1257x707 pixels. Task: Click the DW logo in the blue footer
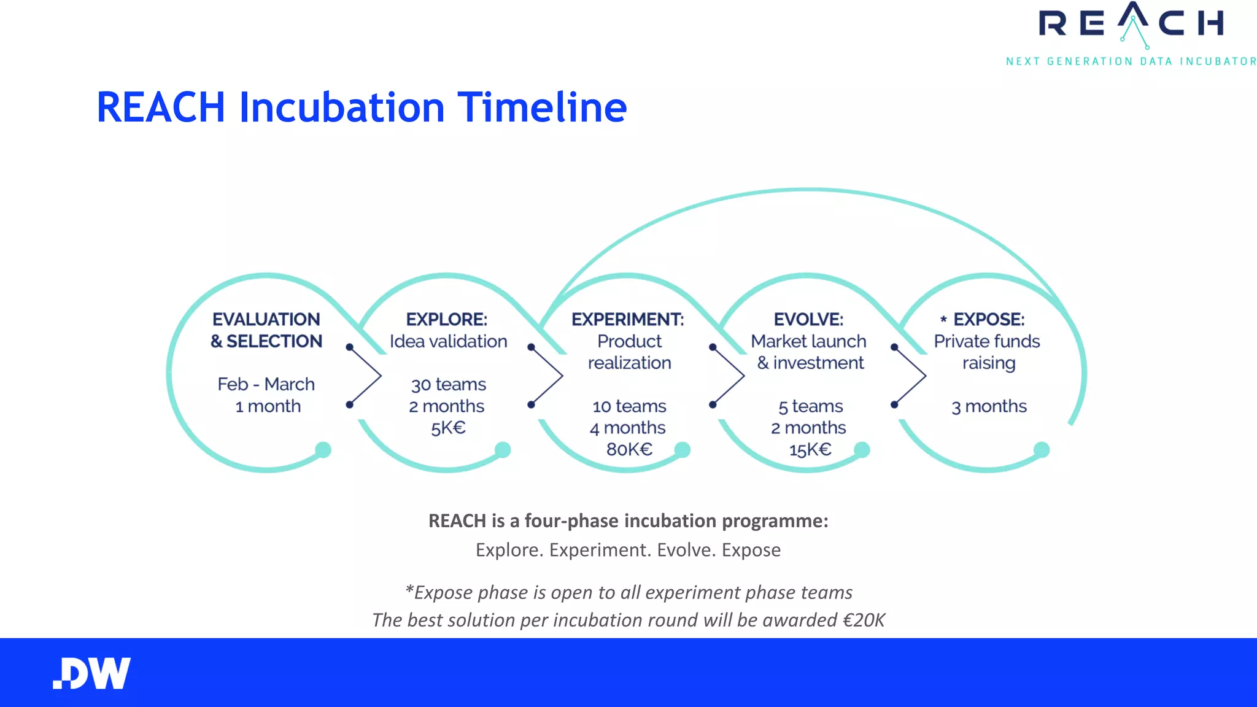[92, 673]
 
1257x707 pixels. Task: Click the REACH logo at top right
[1131, 25]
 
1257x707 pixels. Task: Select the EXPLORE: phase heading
[447, 319]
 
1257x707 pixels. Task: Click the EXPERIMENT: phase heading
[627, 319]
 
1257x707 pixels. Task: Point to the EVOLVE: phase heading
[808, 319]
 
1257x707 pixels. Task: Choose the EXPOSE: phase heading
[988, 319]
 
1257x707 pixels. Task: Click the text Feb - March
[266, 384]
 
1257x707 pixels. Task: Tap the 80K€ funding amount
[629, 449]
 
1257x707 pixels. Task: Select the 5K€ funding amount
[448, 428]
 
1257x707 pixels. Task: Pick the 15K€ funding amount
[810, 450]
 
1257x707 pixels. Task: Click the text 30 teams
[448, 385]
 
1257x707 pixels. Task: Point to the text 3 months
[989, 406]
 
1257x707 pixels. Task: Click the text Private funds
[987, 341]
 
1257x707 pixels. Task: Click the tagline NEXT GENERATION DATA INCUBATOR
[1131, 61]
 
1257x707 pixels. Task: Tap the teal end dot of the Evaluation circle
[323, 450]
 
